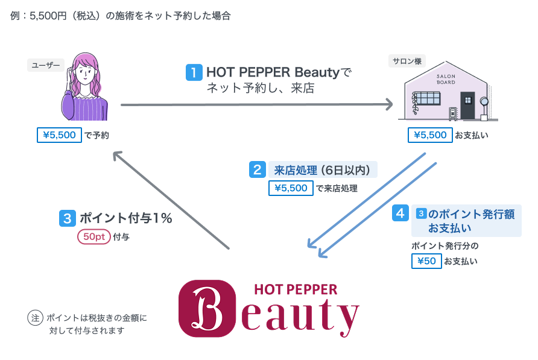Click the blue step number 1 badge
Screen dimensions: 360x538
(194, 73)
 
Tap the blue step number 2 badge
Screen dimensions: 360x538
(258, 169)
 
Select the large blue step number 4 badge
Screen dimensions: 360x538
(399, 213)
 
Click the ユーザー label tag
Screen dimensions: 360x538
(46, 65)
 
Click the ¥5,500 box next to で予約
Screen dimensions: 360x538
(59, 135)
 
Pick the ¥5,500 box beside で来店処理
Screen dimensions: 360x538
(291, 188)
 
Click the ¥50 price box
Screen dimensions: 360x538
(426, 261)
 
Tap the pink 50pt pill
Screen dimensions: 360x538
(93, 237)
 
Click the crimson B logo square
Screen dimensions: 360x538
(207, 308)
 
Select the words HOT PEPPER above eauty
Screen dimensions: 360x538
(296, 289)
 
